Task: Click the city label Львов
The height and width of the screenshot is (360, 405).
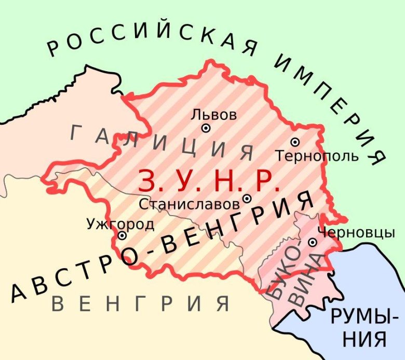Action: [x=214, y=114]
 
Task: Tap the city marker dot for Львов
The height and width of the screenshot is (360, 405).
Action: [x=206, y=128]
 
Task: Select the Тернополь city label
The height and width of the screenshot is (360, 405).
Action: [x=317, y=155]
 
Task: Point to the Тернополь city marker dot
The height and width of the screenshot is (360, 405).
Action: [x=295, y=142]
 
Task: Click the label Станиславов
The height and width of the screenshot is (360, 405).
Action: [x=189, y=204]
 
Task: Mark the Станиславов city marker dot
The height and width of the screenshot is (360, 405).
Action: [x=247, y=198]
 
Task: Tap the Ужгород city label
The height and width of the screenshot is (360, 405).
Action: [x=120, y=224]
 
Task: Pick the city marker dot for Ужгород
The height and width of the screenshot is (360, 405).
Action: [x=122, y=235]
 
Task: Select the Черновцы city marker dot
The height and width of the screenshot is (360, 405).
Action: [x=313, y=242]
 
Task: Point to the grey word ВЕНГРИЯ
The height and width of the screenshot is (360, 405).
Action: [x=141, y=303]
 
